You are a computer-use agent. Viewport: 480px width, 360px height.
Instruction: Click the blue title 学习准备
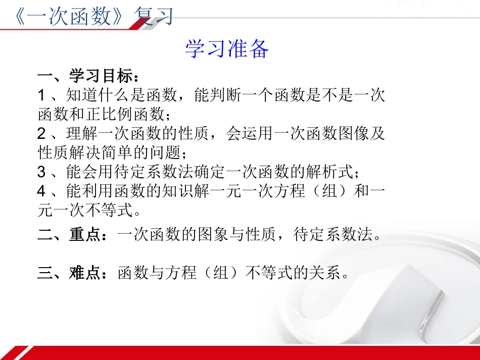(x=227, y=49)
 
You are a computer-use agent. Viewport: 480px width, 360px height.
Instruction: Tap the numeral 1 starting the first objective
(x=41, y=96)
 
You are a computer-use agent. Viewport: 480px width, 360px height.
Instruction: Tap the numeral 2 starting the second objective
(x=41, y=134)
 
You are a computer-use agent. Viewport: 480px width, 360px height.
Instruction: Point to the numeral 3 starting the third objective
(x=41, y=172)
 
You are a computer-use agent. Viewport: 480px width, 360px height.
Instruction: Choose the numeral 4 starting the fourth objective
(x=41, y=191)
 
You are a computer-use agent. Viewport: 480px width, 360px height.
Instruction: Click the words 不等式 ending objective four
(x=109, y=210)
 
